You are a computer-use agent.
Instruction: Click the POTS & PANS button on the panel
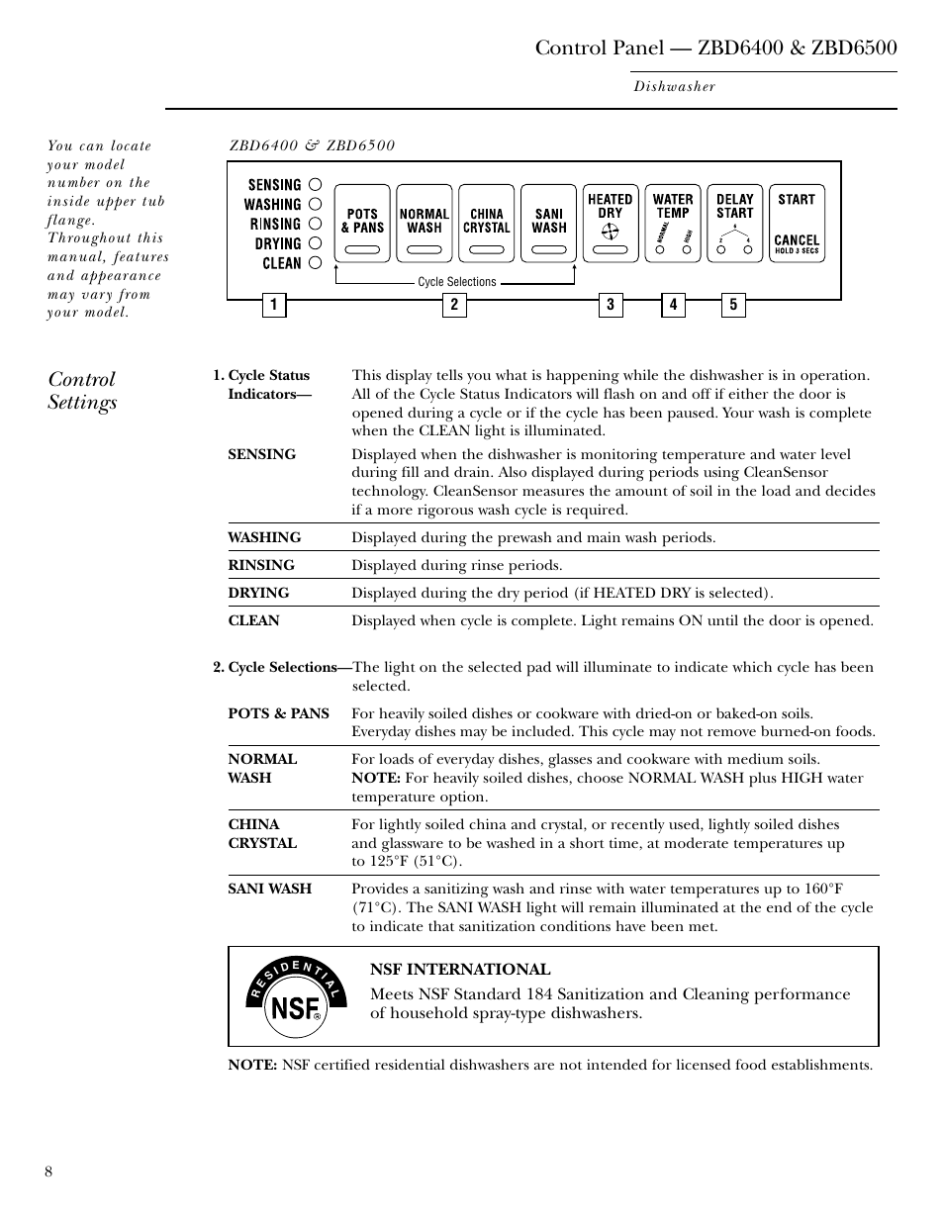[x=362, y=223]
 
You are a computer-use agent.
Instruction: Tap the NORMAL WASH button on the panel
[x=424, y=223]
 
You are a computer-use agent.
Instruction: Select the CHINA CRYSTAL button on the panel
[x=486, y=223]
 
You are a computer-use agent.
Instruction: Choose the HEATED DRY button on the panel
[x=610, y=223]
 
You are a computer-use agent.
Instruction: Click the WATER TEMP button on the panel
[x=672, y=223]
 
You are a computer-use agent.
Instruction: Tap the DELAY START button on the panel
[x=734, y=223]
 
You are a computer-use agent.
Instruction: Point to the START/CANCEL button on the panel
[x=796, y=223]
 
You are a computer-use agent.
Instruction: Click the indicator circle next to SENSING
[x=315, y=184]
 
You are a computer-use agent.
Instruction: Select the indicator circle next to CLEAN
[x=315, y=262]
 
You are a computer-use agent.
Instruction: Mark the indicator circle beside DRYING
[x=315, y=242]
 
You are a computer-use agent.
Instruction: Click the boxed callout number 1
[x=274, y=305]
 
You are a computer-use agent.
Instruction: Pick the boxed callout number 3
[x=611, y=305]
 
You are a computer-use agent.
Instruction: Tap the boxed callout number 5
[x=733, y=305]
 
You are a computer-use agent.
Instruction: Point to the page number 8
[x=48, y=1173]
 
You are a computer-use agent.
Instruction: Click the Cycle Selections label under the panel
[x=456, y=282]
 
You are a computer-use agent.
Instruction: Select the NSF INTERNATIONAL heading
[x=460, y=970]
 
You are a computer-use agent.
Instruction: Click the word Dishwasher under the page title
[x=674, y=87]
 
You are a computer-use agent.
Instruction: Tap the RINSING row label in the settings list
[x=261, y=565]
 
